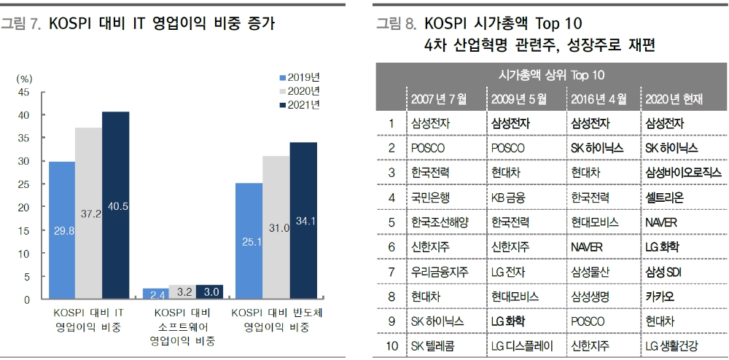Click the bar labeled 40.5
coord(115,206)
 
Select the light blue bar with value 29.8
coord(62,230)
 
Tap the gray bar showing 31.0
coord(276,227)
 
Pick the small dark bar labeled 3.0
coord(209,292)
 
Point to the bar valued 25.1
coord(249,241)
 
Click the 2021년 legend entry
coord(300,105)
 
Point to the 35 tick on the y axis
coord(24,138)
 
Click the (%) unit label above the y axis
coord(24,78)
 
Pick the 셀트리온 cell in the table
coord(664,197)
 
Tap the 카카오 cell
coord(659,296)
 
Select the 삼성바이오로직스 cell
coord(682,172)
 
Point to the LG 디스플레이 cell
coord(523,345)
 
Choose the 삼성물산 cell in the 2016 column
coord(591,271)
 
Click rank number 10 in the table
coord(391,345)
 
